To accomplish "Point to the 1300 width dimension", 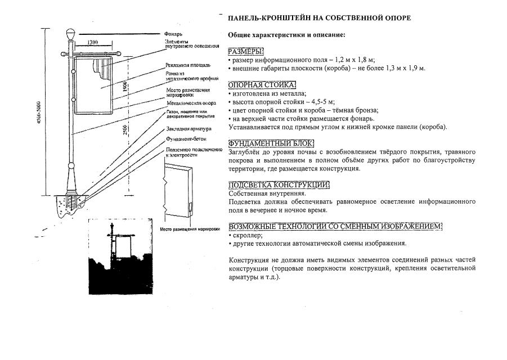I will [x=93, y=43].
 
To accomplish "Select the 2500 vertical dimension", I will [x=125, y=134].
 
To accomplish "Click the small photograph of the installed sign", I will [x=120, y=256].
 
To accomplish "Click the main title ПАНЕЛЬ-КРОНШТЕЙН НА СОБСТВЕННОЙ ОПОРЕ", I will [x=319, y=18].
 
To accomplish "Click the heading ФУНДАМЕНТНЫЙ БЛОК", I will [x=271, y=143].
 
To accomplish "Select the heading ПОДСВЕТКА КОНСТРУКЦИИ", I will [x=279, y=185].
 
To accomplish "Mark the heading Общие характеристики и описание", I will [x=286, y=35].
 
